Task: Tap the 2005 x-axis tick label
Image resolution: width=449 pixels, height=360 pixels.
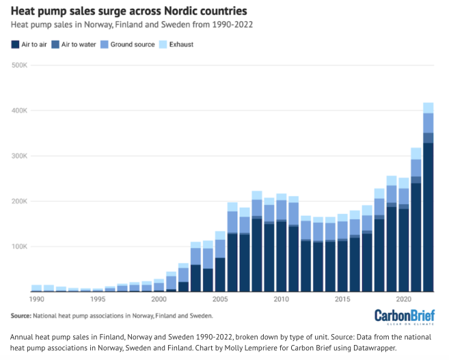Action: pyautogui.click(x=220, y=299)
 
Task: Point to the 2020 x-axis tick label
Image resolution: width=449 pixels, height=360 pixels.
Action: pyautogui.click(x=403, y=299)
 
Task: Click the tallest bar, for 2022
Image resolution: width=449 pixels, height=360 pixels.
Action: pyautogui.click(x=428, y=205)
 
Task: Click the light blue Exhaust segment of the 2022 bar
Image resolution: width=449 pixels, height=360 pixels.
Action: pyautogui.click(x=428, y=107)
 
